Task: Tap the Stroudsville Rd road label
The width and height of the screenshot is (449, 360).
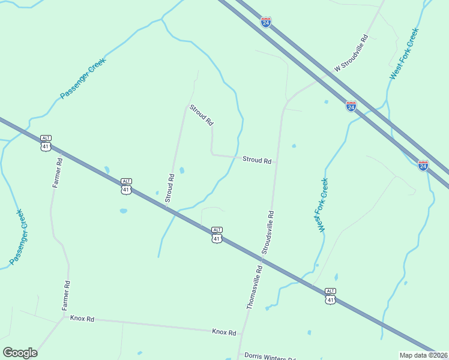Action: coord(268,231)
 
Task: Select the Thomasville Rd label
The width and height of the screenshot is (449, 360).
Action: coord(255,287)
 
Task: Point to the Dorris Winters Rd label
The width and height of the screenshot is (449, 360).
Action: coord(267,356)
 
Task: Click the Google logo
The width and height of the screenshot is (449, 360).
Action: coord(20,353)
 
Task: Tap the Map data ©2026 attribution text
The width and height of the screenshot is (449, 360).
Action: coord(423,355)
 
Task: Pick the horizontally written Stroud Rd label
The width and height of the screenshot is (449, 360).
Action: coord(257,160)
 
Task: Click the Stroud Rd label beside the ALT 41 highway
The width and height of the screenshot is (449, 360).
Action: coord(170,188)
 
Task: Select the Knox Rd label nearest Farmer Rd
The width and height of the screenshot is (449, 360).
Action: coord(82,319)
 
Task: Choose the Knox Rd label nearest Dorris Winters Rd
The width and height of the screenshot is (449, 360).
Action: coord(224,332)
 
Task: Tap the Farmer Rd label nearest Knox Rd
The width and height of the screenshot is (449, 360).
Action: coord(67,295)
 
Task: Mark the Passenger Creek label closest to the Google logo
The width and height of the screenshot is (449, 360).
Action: coord(17,237)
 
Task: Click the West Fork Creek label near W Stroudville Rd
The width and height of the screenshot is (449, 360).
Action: coord(403,53)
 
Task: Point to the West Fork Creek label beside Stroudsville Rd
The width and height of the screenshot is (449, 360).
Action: coord(324,205)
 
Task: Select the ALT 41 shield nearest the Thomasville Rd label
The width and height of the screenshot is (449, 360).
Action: coord(217,235)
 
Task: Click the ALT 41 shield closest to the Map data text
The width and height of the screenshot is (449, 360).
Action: coord(330,295)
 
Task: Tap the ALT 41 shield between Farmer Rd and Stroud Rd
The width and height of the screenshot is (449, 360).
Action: coord(125,186)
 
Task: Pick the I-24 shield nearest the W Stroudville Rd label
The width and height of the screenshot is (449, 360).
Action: coord(351,106)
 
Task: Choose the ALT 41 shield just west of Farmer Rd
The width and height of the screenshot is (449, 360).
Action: coord(46,143)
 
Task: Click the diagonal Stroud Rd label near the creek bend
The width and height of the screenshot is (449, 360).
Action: coord(201,115)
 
